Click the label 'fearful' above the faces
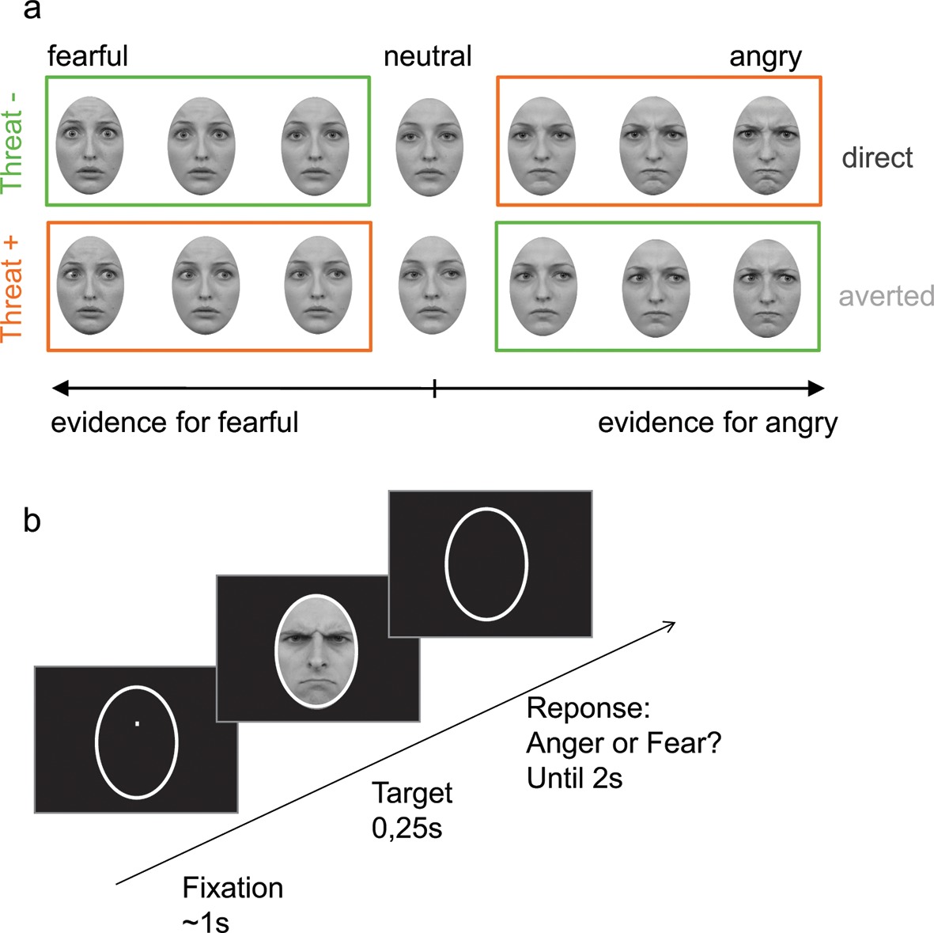coord(87,56)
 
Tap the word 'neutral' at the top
coord(427,56)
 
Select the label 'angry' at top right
coord(765,58)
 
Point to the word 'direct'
coord(876,157)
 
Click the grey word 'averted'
coord(886,296)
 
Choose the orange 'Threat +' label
coord(13,287)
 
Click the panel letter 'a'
coord(32,11)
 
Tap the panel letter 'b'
coord(32,521)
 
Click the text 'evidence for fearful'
coord(175,423)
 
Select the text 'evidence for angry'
coord(717,423)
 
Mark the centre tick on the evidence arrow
coord(434,388)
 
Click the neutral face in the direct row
coord(429,147)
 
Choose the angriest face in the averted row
coord(767,288)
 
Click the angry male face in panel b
coord(316,650)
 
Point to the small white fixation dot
coord(137,723)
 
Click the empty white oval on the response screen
coord(486,563)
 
